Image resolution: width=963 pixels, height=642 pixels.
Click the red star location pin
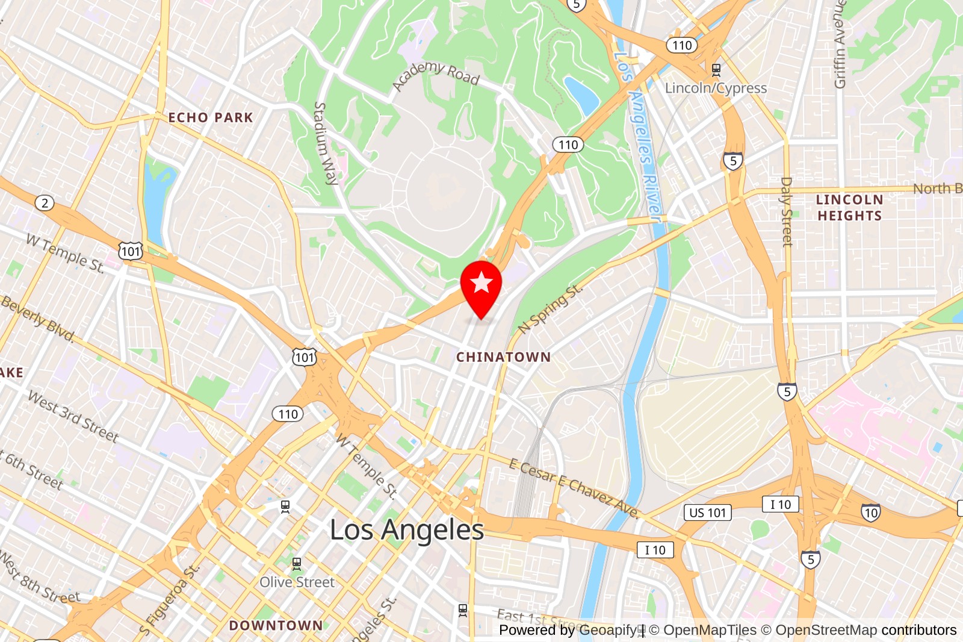pos(481,284)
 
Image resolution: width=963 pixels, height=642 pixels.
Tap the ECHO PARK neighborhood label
pos(211,117)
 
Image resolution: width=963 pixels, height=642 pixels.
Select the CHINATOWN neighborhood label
pos(503,357)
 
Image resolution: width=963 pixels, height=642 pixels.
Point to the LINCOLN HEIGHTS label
pos(849,208)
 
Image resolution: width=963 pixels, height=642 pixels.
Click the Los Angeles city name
pos(407,531)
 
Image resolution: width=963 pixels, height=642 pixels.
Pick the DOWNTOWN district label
pos(276,626)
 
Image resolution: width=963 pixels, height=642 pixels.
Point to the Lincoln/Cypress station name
pos(716,88)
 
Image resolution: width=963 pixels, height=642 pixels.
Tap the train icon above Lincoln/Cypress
pos(716,70)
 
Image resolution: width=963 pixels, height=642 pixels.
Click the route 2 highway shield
pos(45,203)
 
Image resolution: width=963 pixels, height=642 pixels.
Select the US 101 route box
pos(708,513)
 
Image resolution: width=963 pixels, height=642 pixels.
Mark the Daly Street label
pos(786,212)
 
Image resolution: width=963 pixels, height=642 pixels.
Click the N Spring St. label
pos(550,309)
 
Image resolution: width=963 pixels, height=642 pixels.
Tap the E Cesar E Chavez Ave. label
pos(574,488)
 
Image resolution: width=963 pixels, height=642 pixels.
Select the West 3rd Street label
pos(73,416)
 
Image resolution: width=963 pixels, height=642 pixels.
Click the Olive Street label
pos(297,582)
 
